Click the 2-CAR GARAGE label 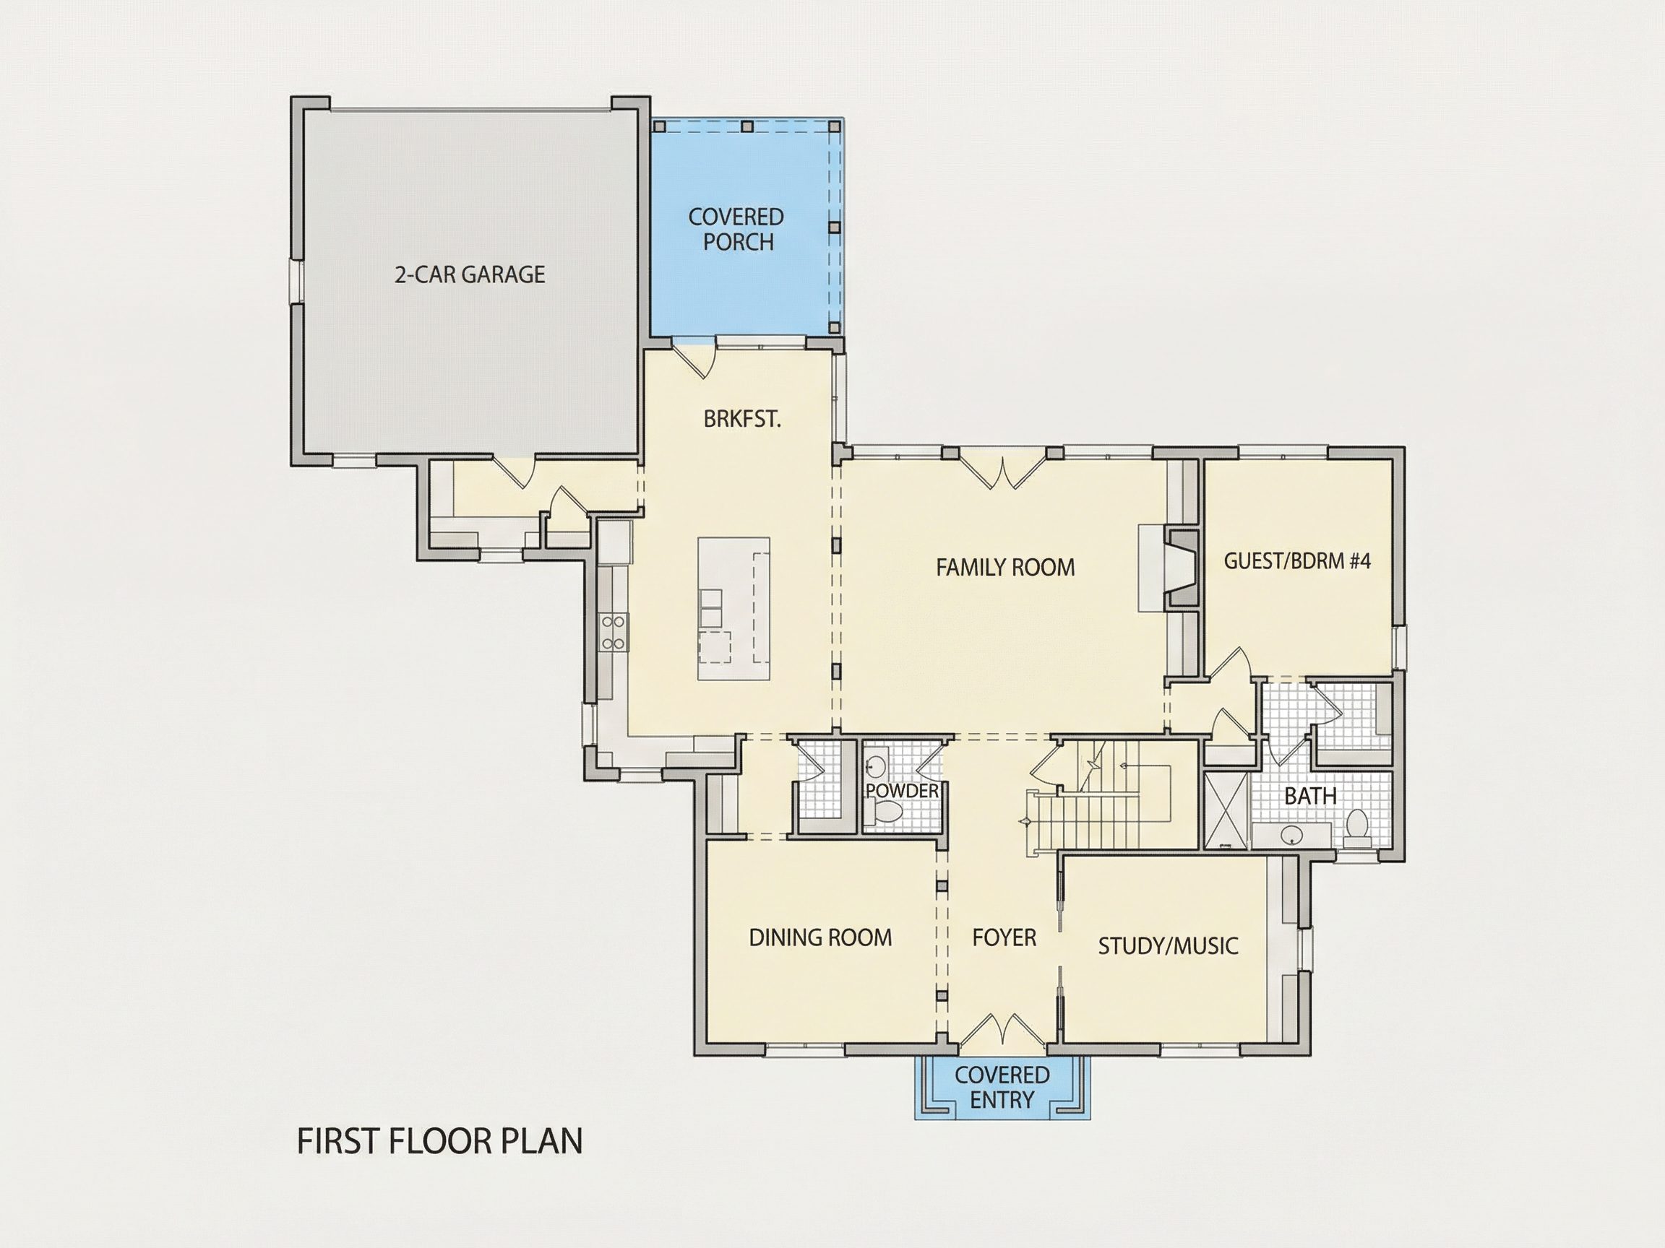click(x=470, y=274)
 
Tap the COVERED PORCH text click(x=737, y=230)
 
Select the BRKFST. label click(x=742, y=419)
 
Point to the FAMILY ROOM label click(x=1006, y=567)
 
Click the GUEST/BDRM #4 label click(x=1298, y=560)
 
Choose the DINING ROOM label click(x=820, y=937)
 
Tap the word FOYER click(x=1004, y=937)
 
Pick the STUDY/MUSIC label click(x=1169, y=945)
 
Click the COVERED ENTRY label click(x=1002, y=1087)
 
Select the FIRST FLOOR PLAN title click(x=440, y=1141)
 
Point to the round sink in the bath click(x=1292, y=833)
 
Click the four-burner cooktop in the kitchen click(x=614, y=631)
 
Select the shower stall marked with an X click(x=1226, y=810)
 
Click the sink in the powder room click(x=874, y=768)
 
